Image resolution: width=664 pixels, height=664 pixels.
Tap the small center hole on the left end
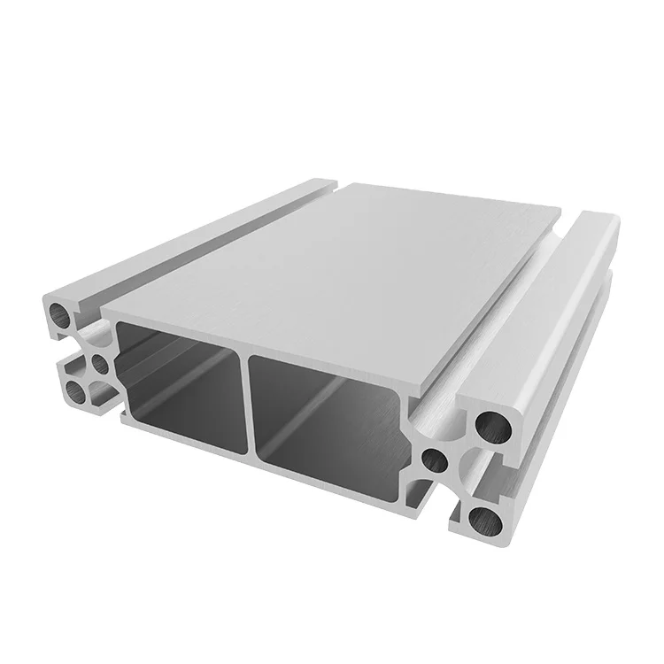tap(99, 362)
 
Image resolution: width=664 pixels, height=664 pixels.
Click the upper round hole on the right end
tap(492, 426)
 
